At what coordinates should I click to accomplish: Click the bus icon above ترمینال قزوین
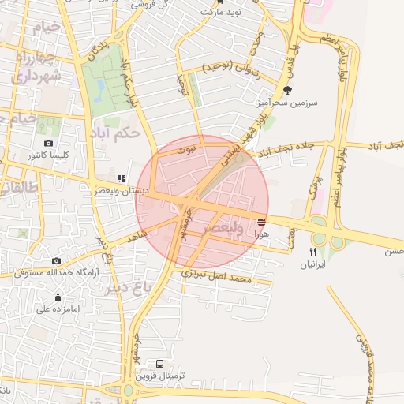point(160,365)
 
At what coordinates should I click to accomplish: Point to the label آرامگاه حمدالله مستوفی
point(55,272)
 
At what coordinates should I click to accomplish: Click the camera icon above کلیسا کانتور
point(49,143)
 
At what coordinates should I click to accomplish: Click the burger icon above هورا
point(262,220)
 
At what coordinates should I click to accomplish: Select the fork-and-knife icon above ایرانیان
point(312,252)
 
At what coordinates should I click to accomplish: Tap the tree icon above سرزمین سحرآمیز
point(287,90)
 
